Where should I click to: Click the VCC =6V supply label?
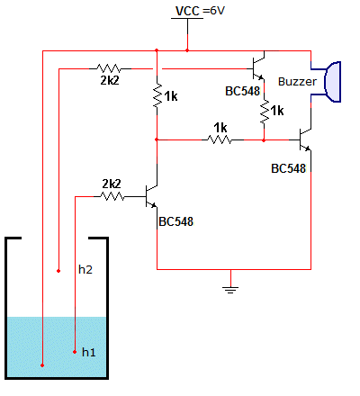click(x=200, y=11)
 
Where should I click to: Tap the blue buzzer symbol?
click(x=330, y=82)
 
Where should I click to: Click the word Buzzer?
click(x=297, y=82)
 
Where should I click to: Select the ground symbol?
click(x=230, y=290)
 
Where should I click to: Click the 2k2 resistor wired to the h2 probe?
click(x=109, y=68)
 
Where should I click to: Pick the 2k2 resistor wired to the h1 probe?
click(x=112, y=196)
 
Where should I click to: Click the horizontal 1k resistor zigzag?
click(x=220, y=139)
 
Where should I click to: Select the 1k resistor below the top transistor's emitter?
click(x=264, y=112)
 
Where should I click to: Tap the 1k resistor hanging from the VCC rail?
click(x=157, y=95)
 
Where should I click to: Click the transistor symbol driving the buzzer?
click(x=305, y=139)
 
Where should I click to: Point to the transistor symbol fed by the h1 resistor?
click(x=151, y=196)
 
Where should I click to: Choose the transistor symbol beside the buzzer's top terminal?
click(x=258, y=68)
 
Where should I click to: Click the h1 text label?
click(x=89, y=352)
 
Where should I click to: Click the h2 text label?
click(x=85, y=269)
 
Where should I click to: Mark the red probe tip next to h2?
click(x=58, y=271)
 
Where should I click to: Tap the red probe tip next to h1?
click(x=75, y=352)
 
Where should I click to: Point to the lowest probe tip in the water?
click(x=42, y=365)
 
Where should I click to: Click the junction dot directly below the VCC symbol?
click(x=187, y=50)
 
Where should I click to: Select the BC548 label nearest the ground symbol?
click(x=176, y=221)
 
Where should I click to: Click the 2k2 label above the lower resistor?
click(x=112, y=184)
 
